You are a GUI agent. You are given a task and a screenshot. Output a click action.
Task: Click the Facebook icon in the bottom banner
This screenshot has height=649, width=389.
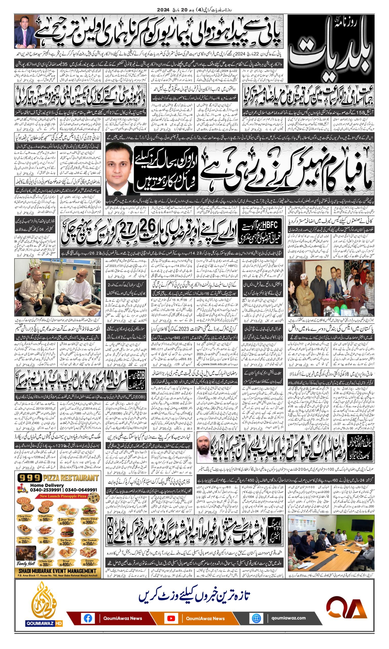click(x=88, y=616)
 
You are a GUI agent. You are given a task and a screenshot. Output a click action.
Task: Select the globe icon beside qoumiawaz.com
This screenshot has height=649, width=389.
click(x=256, y=616)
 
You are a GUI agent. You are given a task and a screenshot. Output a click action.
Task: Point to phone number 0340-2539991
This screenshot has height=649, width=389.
click(x=46, y=490)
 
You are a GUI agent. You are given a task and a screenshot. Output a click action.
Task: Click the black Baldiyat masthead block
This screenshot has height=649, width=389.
click(x=331, y=48)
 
